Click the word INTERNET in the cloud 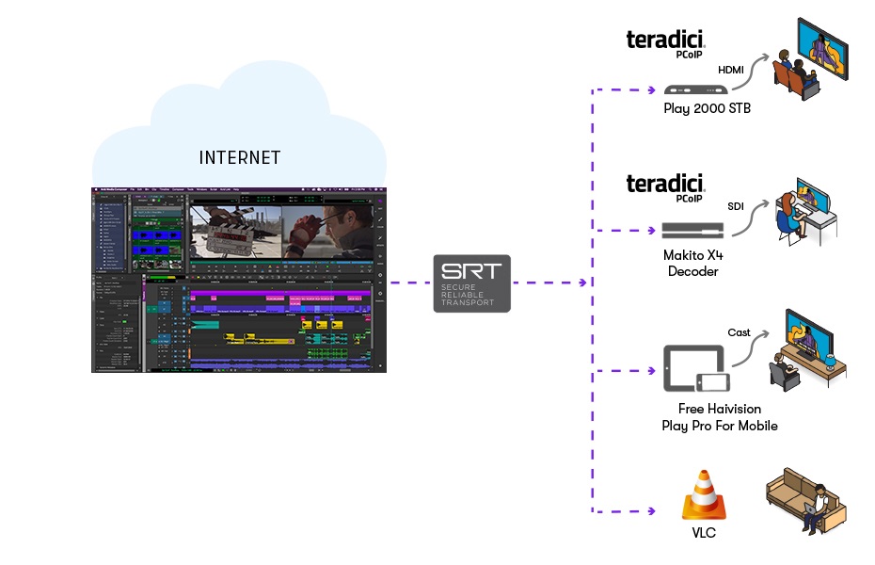click(x=240, y=157)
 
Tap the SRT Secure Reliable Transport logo click(x=471, y=282)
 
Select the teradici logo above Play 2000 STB click(x=665, y=42)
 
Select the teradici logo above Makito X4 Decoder click(x=665, y=184)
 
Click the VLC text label click(x=706, y=534)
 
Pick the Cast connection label click(x=739, y=332)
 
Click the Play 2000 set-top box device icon click(x=693, y=89)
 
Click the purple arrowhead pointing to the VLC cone click(x=650, y=511)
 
